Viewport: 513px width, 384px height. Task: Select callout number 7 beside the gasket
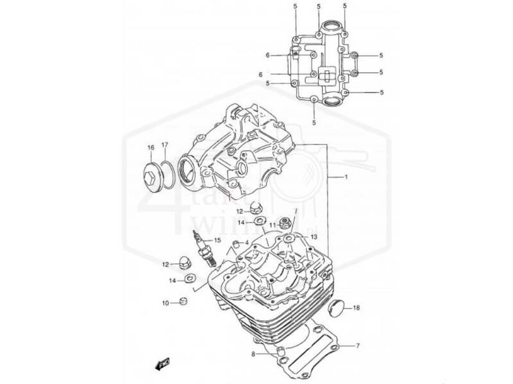[358, 346]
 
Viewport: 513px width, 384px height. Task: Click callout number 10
[165, 303]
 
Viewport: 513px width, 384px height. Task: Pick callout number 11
[272, 225]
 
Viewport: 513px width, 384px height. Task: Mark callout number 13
[314, 237]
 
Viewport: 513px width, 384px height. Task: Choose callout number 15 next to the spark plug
[217, 240]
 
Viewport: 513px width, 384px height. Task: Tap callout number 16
[151, 148]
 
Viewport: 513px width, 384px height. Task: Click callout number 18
[357, 308]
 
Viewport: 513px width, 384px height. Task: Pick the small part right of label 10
[183, 301]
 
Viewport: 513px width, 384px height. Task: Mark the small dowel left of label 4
[235, 243]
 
